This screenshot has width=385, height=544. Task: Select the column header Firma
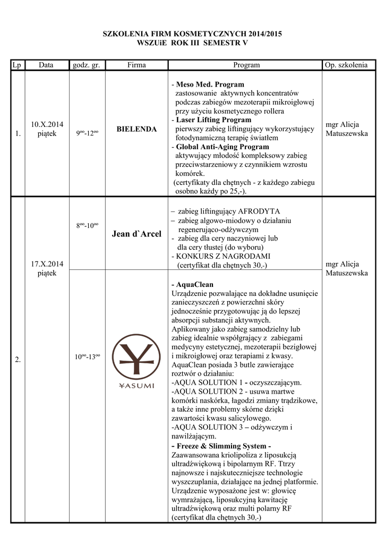pyautogui.click(x=136, y=65)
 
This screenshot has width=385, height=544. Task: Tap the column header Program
pyautogui.click(x=246, y=65)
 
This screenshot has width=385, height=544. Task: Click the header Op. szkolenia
pyautogui.click(x=345, y=65)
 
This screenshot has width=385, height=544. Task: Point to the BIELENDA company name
pyautogui.click(x=136, y=129)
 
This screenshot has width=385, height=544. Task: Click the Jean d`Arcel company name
pyautogui.click(x=136, y=234)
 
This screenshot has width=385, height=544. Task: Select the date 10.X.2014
pyautogui.click(x=47, y=124)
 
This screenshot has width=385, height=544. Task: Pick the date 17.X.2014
pyautogui.click(x=47, y=264)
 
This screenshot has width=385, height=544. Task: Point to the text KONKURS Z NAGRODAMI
pyautogui.click(x=219, y=256)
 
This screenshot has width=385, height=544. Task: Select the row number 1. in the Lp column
pyautogui.click(x=19, y=134)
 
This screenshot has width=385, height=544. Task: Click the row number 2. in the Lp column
pyautogui.click(x=19, y=360)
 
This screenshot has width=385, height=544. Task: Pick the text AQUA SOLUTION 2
pyautogui.click(x=207, y=392)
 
